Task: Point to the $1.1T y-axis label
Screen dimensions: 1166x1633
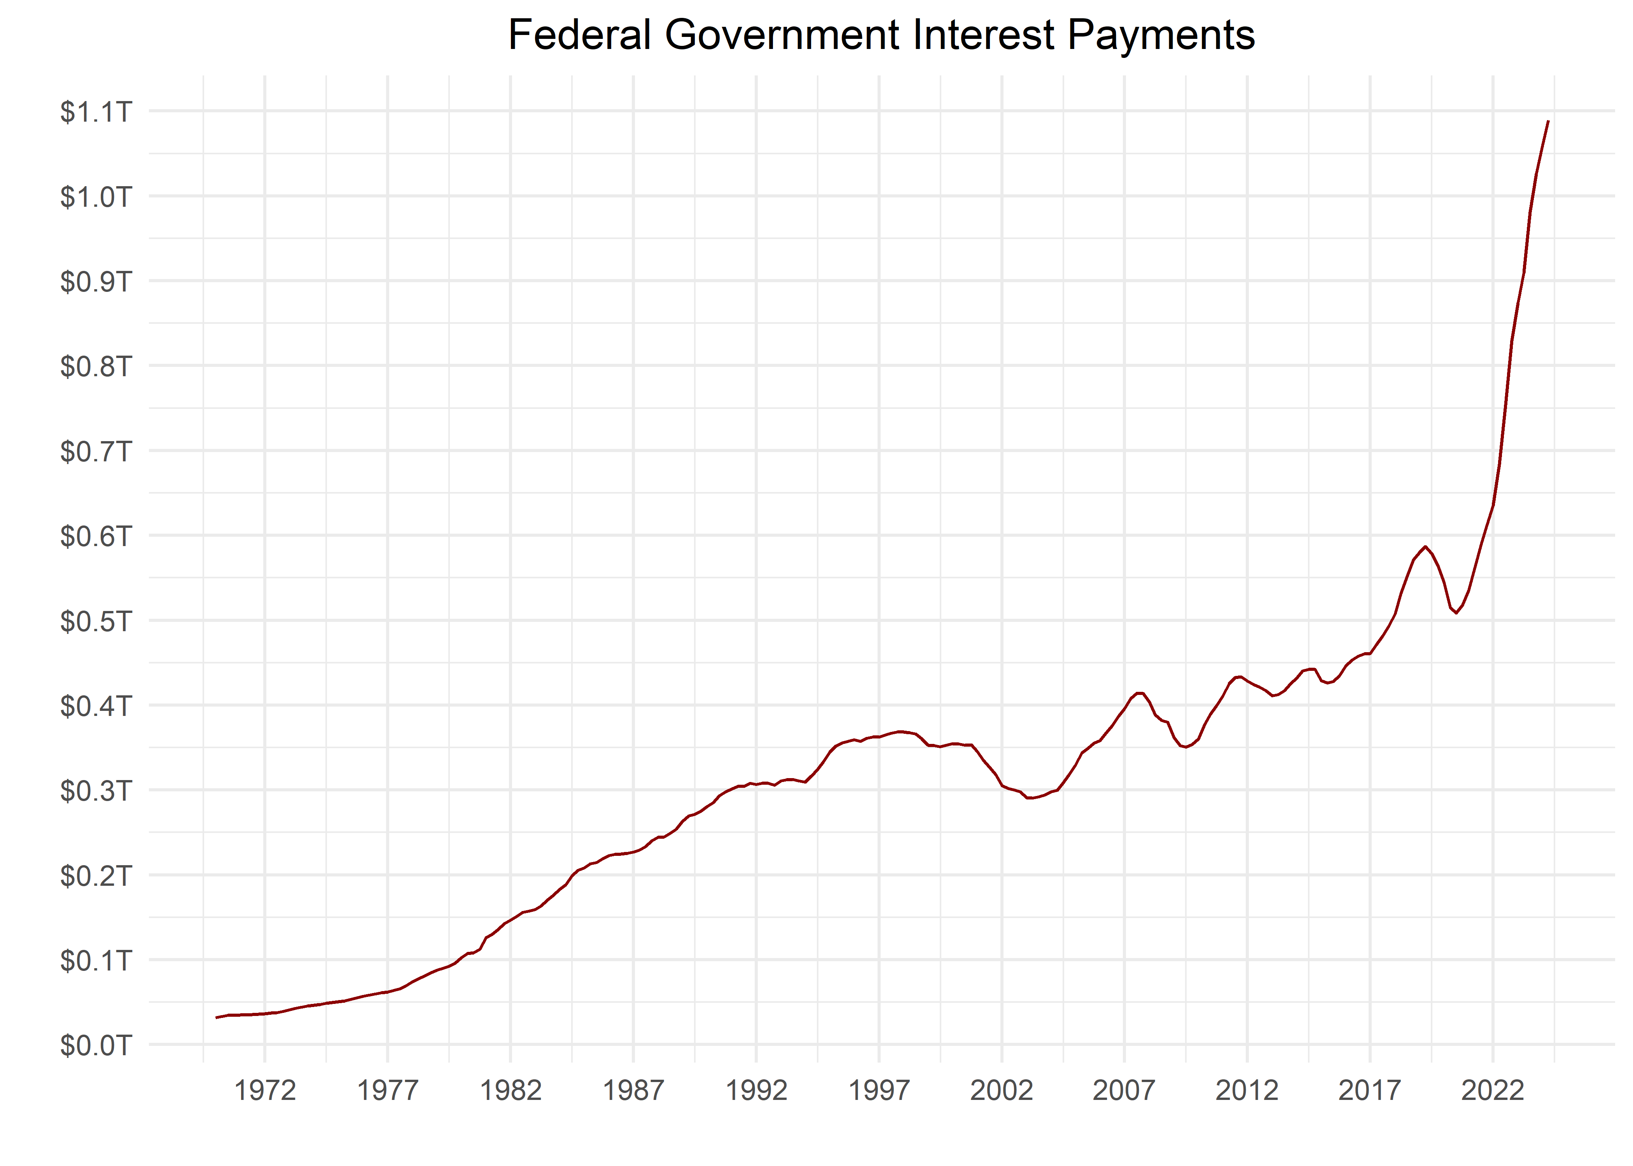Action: click(x=96, y=112)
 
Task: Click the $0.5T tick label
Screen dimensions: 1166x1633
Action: click(x=96, y=621)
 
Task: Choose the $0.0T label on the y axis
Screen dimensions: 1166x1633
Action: click(x=96, y=1046)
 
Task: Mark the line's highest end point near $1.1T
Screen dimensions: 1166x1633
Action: click(x=1548, y=121)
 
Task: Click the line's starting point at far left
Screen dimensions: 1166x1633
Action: click(x=216, y=1018)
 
